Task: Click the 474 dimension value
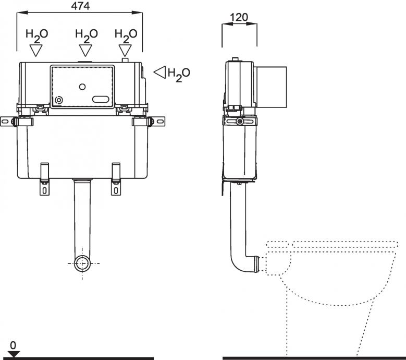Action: (80, 6)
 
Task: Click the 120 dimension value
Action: (239, 17)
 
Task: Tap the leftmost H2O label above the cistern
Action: (37, 36)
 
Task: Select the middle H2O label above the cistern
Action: (87, 36)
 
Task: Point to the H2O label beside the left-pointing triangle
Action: (179, 75)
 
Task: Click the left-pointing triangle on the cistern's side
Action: (160, 73)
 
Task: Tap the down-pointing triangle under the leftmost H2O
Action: (36, 51)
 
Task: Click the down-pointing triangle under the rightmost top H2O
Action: (125, 51)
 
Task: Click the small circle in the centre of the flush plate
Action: (82, 87)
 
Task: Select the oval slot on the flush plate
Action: (101, 99)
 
